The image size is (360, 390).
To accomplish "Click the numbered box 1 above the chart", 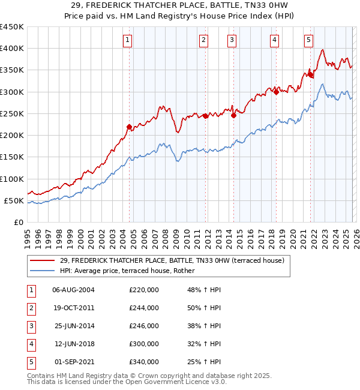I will coord(128,40).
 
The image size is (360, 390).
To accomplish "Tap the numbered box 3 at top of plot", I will coord(232,40).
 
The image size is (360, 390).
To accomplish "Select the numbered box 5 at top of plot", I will coord(308,40).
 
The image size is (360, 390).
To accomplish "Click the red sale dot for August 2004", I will coord(129,127).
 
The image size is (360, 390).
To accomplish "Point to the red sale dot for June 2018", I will coord(275,91).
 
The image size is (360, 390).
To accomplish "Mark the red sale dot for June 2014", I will coord(233,116).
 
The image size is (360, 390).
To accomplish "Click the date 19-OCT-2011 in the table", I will coord(73,308).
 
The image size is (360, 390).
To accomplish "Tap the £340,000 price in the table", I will coord(144,362).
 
